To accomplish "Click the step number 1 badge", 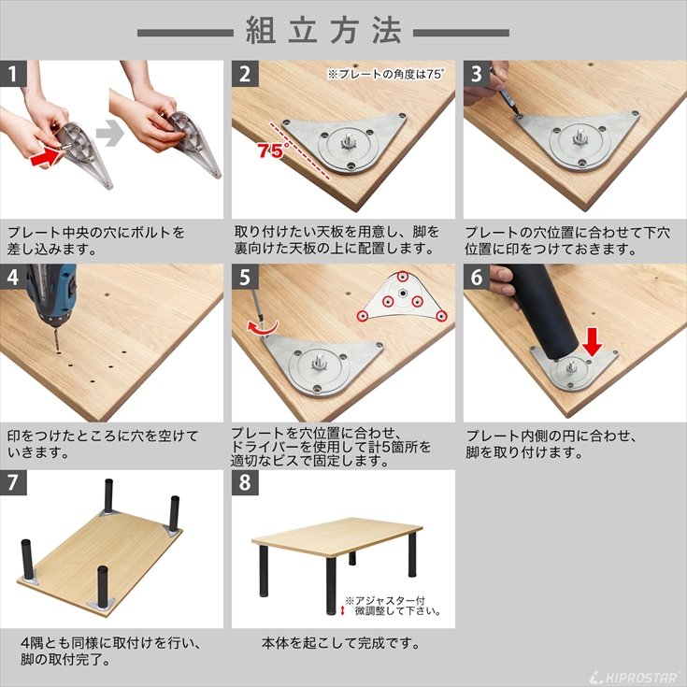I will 13,74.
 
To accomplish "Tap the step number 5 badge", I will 245,278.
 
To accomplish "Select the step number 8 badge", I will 245,483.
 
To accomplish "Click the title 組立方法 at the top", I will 323,31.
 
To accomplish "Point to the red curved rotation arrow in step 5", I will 263,326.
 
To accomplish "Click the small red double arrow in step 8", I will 343,608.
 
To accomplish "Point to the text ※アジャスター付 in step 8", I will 384,599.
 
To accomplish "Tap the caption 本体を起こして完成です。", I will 340,644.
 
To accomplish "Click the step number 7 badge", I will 13,483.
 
